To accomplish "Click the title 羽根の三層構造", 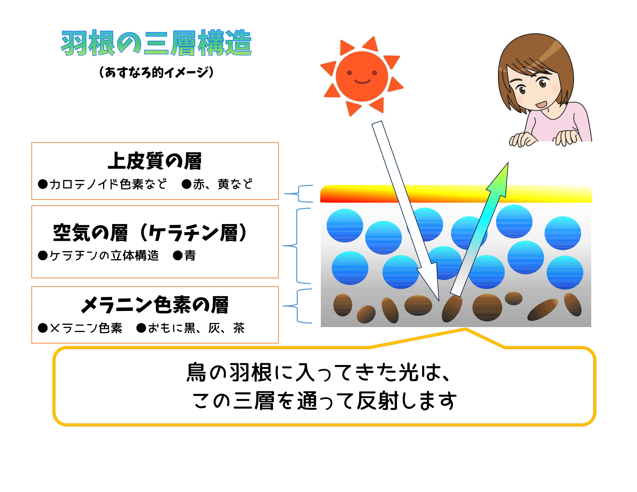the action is [x=156, y=43].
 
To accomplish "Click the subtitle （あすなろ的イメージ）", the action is [x=156, y=72].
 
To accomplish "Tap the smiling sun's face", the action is [x=362, y=76].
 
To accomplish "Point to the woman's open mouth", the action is [x=541, y=104].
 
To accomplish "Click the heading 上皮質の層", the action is [x=155, y=161].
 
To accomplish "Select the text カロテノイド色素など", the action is [x=108, y=184].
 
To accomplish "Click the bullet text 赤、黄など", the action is [x=223, y=184].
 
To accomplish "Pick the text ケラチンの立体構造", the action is [x=104, y=256].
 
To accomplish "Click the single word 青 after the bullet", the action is [x=190, y=256].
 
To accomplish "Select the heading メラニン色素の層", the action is [x=155, y=305].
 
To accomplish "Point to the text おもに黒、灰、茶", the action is [x=196, y=328].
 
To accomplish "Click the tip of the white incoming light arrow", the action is [x=439, y=300].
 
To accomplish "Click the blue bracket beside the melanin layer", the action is [x=297, y=306].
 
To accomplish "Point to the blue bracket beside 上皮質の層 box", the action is [x=298, y=194].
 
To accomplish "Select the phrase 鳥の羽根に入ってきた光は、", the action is [x=319, y=372].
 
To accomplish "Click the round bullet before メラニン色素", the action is [x=43, y=328].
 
